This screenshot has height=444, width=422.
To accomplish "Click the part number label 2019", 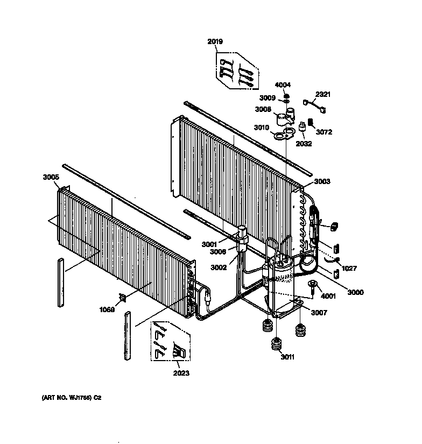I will coord(215,41).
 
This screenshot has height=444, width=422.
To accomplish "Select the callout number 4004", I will coord(283,85).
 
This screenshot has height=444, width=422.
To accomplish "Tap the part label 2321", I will coord(323,95).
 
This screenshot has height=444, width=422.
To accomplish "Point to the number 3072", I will coord(324,132).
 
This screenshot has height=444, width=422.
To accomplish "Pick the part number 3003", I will coord(322,182).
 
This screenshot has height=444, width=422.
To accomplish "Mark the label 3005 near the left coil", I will coord(51,177).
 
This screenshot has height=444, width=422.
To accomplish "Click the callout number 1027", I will coord(348,268).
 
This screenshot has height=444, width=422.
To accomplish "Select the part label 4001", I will coord(328,295).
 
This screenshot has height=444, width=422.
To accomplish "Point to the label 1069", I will coord(107,309).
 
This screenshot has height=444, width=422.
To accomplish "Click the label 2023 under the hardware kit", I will coord(181,373).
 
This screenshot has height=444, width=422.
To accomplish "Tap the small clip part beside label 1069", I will coord(123,298).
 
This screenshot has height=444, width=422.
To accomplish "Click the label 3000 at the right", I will coord(355,292).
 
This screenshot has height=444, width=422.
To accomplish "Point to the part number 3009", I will coord(268,98).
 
